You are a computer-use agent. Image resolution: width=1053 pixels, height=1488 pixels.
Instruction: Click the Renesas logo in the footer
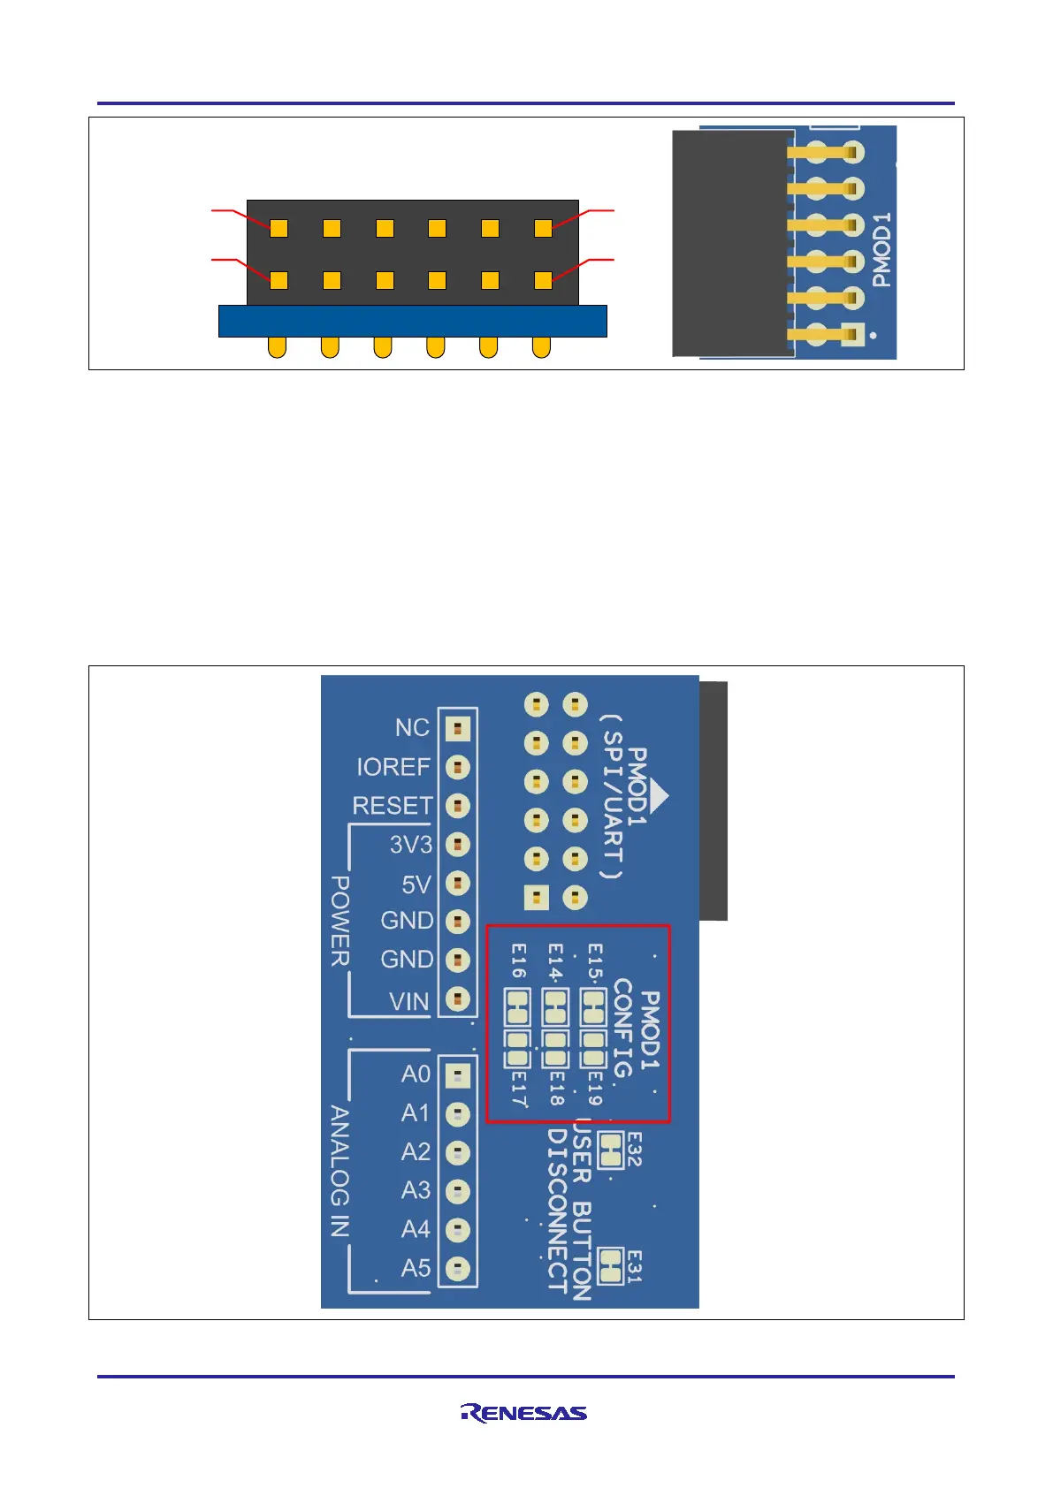(523, 1413)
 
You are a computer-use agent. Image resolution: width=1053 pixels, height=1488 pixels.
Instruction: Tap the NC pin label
(412, 727)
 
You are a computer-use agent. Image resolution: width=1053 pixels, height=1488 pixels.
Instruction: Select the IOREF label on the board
(393, 766)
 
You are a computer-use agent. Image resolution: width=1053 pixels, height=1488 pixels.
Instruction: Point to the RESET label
(393, 806)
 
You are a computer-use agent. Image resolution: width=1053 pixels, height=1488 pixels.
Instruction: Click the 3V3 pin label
(411, 845)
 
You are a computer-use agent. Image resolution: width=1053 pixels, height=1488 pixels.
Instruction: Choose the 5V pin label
(416, 884)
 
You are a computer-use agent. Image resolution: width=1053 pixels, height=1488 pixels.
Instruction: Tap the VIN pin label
(409, 1001)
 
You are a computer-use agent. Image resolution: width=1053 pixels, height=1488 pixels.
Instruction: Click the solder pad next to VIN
(457, 998)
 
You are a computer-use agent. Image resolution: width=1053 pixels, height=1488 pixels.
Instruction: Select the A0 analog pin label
(416, 1074)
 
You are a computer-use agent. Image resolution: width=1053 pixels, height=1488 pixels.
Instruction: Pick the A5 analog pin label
(416, 1268)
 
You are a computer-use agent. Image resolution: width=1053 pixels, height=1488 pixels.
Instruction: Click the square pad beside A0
(457, 1075)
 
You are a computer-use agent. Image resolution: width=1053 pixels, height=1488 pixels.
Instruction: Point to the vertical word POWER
(340, 921)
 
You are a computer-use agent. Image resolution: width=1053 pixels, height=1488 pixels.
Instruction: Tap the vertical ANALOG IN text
(340, 1170)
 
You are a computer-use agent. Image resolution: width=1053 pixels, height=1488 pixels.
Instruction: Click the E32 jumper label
(634, 1150)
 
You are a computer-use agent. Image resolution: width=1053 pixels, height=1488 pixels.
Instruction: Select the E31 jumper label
(634, 1266)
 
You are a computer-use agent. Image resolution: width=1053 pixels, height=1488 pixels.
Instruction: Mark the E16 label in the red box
(519, 960)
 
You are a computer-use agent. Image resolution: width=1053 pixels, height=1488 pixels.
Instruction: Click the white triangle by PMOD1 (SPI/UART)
(659, 795)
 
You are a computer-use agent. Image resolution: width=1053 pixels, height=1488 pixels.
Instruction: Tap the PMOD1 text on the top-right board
(881, 249)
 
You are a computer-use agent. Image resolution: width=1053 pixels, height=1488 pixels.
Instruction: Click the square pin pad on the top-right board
(851, 335)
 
